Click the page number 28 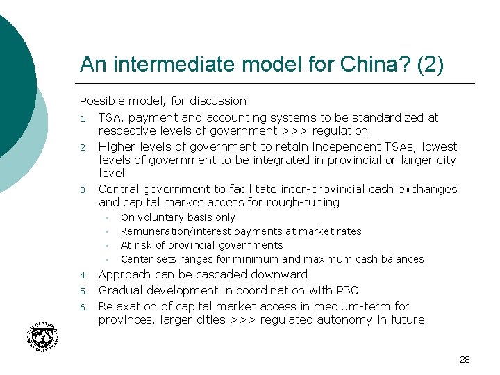point(465,359)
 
